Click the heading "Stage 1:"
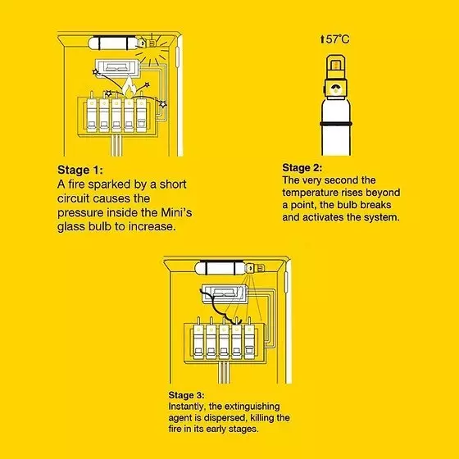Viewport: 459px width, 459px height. [x=80, y=170]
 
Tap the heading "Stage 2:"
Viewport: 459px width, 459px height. [x=302, y=168]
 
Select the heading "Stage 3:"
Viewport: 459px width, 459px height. [x=186, y=395]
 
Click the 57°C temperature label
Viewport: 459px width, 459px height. [x=335, y=39]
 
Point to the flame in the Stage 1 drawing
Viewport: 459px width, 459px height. [x=128, y=87]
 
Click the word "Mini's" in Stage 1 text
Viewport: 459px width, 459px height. [x=176, y=212]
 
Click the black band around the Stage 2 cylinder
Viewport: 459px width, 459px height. [x=336, y=124]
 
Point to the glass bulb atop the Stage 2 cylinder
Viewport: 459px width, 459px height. [x=336, y=66]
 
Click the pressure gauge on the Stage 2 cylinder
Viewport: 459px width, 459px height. [x=336, y=89]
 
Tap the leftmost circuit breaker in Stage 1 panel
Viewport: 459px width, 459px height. [x=92, y=115]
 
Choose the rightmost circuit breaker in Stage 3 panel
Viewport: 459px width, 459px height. [x=249, y=342]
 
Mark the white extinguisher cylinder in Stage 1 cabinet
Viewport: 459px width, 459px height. [x=113, y=43]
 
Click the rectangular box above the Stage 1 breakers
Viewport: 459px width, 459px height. [x=117, y=67]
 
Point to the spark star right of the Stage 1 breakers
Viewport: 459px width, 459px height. [x=163, y=104]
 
